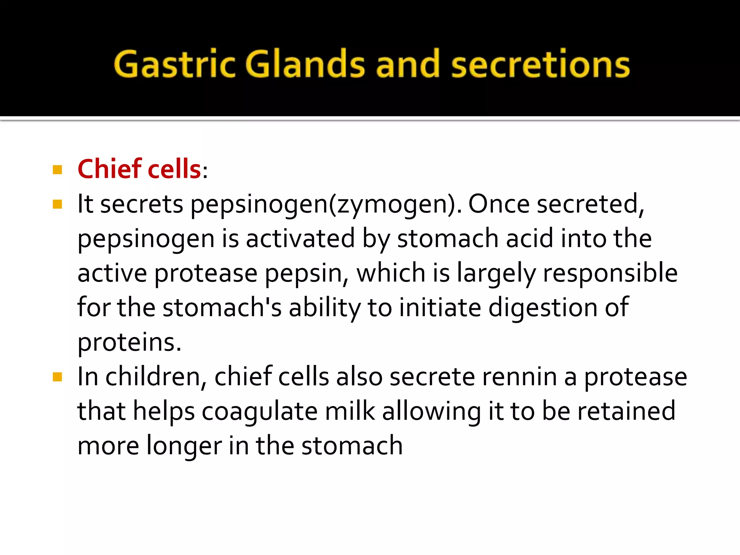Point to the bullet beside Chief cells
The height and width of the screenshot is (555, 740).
coord(57,169)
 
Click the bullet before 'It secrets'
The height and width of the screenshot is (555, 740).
coord(57,205)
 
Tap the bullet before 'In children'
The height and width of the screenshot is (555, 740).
coord(57,377)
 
